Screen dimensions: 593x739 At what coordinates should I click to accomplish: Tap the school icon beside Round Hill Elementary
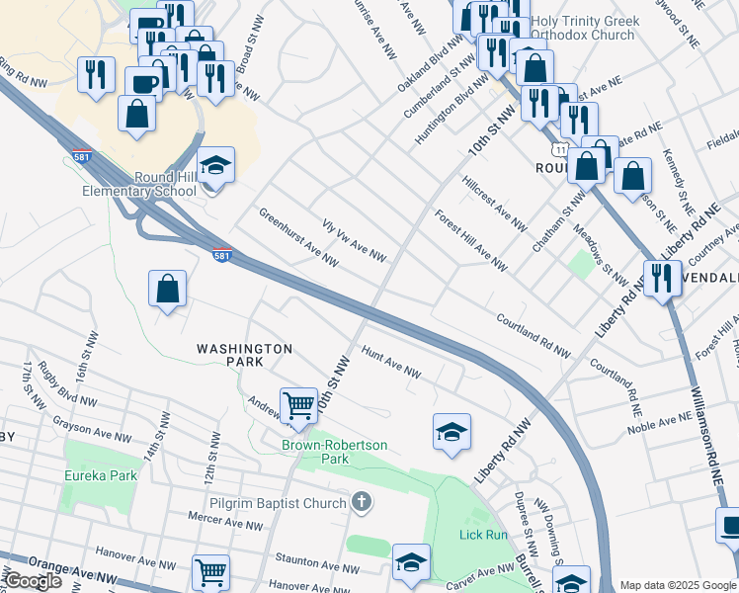215,165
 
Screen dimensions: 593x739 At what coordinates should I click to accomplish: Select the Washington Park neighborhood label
244,356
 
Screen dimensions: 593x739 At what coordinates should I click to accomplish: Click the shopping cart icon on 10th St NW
298,404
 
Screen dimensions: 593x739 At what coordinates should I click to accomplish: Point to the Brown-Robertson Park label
335,453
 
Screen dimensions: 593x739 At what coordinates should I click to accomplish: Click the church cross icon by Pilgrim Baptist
362,503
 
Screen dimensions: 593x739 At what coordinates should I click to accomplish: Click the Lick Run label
483,535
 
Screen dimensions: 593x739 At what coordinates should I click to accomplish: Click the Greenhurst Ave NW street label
299,238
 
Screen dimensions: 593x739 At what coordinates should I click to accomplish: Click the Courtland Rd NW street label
534,337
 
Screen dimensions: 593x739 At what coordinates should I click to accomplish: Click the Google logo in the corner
33,581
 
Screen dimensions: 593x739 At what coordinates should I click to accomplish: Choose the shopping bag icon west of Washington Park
168,290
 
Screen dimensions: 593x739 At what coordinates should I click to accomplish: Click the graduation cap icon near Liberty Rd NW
452,432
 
